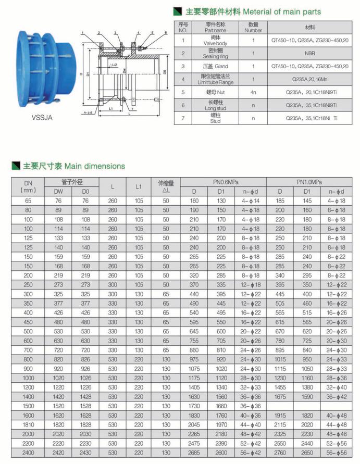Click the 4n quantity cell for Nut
(x=253, y=92)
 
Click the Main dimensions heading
(x=94, y=166)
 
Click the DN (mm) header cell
(x=28, y=186)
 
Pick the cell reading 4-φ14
(x=250, y=200)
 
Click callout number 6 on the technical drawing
(x=165, y=32)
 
